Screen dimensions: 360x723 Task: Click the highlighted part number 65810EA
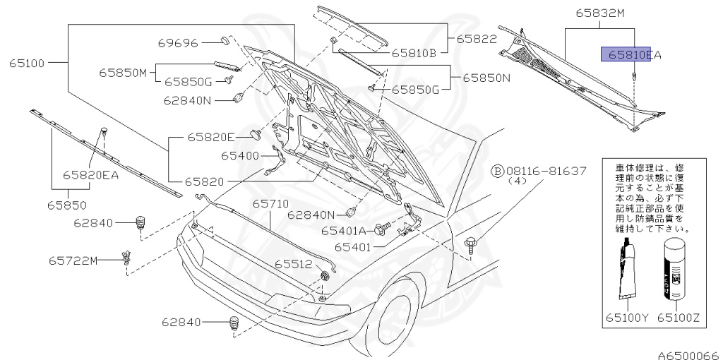tap(631, 54)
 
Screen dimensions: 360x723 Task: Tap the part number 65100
tap(26, 63)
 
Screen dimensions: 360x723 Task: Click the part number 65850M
tap(121, 72)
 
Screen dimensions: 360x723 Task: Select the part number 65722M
tap(73, 260)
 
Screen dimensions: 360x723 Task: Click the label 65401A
tap(343, 230)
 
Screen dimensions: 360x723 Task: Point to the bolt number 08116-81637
tap(544, 171)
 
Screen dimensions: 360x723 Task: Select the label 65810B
tap(415, 52)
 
